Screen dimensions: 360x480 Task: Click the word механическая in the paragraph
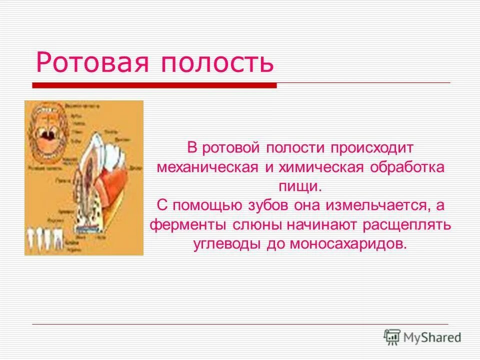tap(207, 167)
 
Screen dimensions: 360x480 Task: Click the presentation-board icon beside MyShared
tap(392, 337)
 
